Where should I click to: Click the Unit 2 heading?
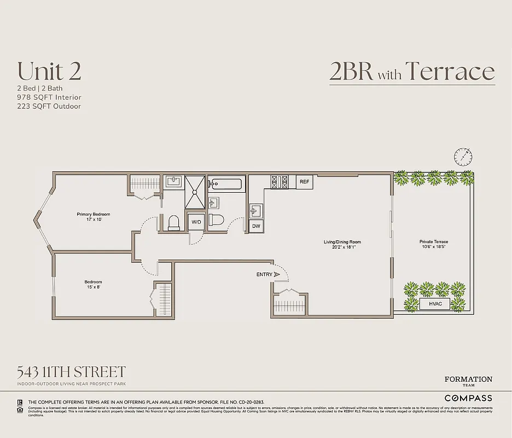point(49,71)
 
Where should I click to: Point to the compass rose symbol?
point(463,157)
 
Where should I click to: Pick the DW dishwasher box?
point(255,226)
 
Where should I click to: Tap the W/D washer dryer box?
point(196,222)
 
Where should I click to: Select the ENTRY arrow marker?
point(277,274)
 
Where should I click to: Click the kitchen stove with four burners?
point(280,182)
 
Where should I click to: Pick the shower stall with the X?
point(194,192)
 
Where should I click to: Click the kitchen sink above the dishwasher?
point(255,210)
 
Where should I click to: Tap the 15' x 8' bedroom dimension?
point(93,287)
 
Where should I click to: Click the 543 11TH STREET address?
point(72,372)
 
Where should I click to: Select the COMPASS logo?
point(468,398)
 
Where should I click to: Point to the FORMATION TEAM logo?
point(468,382)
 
